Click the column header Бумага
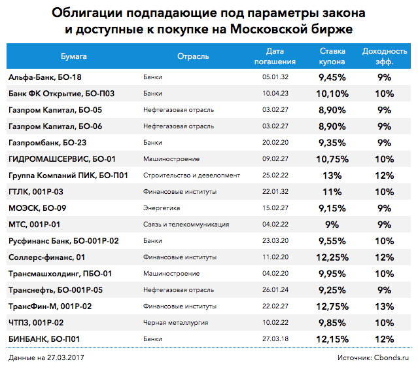[73, 56]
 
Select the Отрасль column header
[193, 56]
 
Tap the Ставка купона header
[332, 56]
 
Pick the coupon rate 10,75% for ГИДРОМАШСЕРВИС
[332, 159]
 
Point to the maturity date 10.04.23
[274, 94]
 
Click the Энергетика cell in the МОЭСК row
[162, 208]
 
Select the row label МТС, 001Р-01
[35, 225]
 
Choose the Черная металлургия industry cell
[173, 323]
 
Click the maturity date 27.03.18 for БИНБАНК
[274, 339]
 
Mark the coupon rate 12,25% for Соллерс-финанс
[332, 257]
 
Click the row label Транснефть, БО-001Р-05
[56, 290]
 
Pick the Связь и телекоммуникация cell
[186, 225]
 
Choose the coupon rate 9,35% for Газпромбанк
[332, 143]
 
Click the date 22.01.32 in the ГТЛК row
[274, 192]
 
